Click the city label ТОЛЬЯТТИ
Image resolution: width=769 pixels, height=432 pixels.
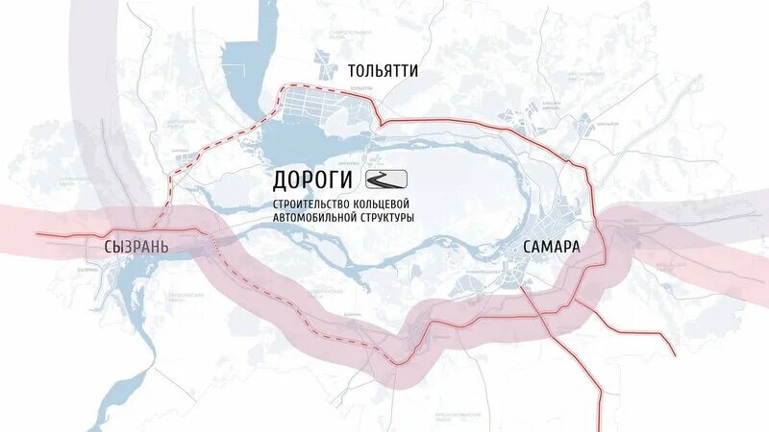click(x=384, y=70)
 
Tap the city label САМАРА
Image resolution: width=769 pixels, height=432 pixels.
click(x=552, y=247)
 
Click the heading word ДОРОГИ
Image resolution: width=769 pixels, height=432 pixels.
click(x=314, y=180)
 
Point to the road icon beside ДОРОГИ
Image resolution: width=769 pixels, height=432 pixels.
click(x=387, y=179)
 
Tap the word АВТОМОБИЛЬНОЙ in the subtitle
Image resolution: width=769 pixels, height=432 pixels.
click(x=313, y=219)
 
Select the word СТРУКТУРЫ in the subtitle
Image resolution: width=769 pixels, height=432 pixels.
click(x=385, y=219)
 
